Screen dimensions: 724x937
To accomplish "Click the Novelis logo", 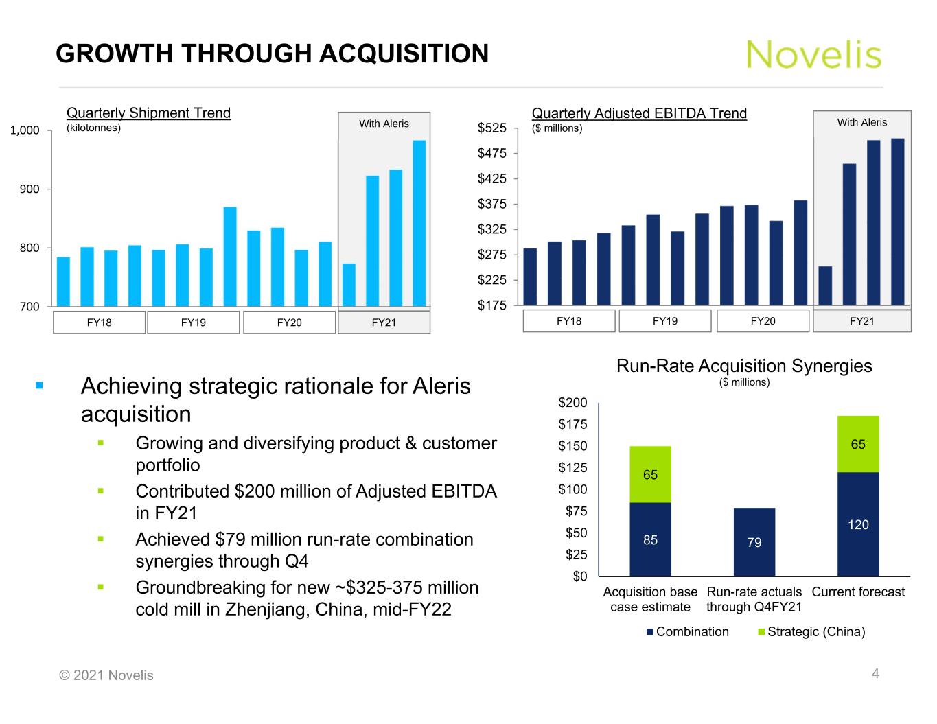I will [813, 54].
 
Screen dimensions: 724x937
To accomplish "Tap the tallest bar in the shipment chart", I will [419, 223].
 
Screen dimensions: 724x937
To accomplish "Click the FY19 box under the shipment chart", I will [194, 323].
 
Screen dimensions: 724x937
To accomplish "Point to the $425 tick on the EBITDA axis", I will [492, 179].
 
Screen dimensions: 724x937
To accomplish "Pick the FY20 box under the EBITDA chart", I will [763, 321].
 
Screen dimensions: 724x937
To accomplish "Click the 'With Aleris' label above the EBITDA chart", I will [861, 122].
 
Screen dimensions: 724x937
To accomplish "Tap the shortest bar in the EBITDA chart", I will [825, 285].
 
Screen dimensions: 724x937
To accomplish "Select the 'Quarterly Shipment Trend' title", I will [148, 113].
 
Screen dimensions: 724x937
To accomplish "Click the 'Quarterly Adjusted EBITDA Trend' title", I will [639, 114].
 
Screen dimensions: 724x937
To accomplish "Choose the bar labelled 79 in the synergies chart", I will [754, 542].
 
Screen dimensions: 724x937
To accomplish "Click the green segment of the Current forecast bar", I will [858, 444].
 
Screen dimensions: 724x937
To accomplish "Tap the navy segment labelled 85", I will [650, 539].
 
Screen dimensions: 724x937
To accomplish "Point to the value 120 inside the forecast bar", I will [858, 525].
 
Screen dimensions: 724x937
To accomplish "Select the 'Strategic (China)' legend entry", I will [815, 632].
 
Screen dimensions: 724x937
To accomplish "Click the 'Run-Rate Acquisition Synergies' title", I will [744, 366].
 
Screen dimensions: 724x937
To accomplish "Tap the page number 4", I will [875, 674].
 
